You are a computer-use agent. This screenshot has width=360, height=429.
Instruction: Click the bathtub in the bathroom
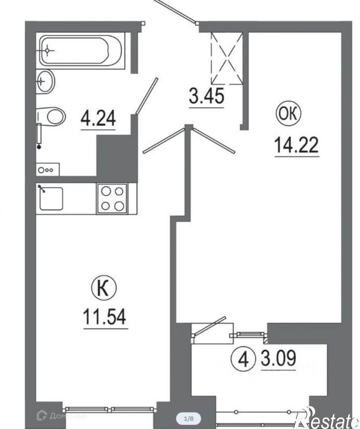coord(81,51)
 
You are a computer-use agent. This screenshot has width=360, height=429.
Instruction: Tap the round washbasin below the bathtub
coord(46,81)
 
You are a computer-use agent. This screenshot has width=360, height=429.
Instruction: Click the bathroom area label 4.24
coord(98,118)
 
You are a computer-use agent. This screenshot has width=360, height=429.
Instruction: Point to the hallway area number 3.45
coord(206,96)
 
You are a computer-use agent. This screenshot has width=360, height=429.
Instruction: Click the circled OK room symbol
coord(289,114)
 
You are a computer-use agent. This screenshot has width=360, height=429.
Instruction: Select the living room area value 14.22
coord(296,145)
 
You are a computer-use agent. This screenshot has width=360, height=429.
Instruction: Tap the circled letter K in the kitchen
coord(104,288)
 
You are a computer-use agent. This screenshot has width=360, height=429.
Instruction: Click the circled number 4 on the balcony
coord(243,359)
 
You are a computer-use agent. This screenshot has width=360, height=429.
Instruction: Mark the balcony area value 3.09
coord(279,358)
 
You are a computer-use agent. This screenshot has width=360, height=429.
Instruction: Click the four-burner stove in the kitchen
coord(112,198)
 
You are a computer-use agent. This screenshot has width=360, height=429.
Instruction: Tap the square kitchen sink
coord(51,198)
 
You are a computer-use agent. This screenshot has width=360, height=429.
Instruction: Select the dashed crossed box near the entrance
coord(227,58)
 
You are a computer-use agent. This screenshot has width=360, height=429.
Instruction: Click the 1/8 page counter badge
coord(189,419)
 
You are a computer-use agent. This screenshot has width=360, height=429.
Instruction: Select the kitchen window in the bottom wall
coord(110,410)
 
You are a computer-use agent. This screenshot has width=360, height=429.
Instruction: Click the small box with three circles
coord(48,170)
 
